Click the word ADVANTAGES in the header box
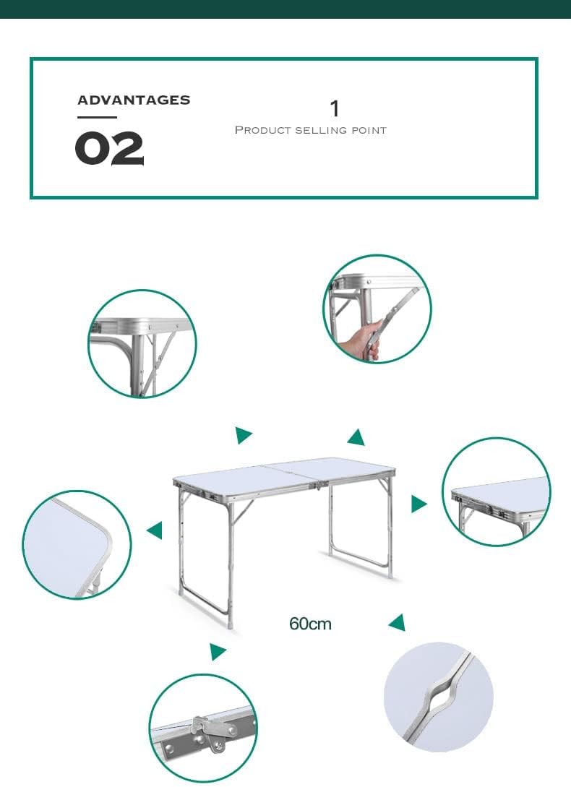click(134, 100)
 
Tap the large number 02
click(109, 149)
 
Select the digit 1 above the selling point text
click(335, 108)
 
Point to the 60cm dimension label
click(310, 624)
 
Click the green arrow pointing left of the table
click(155, 530)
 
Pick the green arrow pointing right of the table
click(418, 504)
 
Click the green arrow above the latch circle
click(218, 651)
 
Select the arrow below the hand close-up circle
click(356, 437)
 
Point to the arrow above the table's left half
click(244, 435)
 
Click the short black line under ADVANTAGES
click(97, 118)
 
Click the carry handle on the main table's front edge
click(321, 486)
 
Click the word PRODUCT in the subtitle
click(263, 131)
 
